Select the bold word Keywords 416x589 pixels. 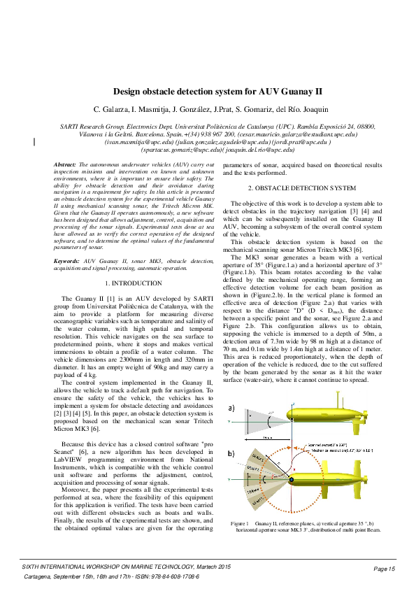(67, 260)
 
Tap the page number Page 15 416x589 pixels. (385, 569)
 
